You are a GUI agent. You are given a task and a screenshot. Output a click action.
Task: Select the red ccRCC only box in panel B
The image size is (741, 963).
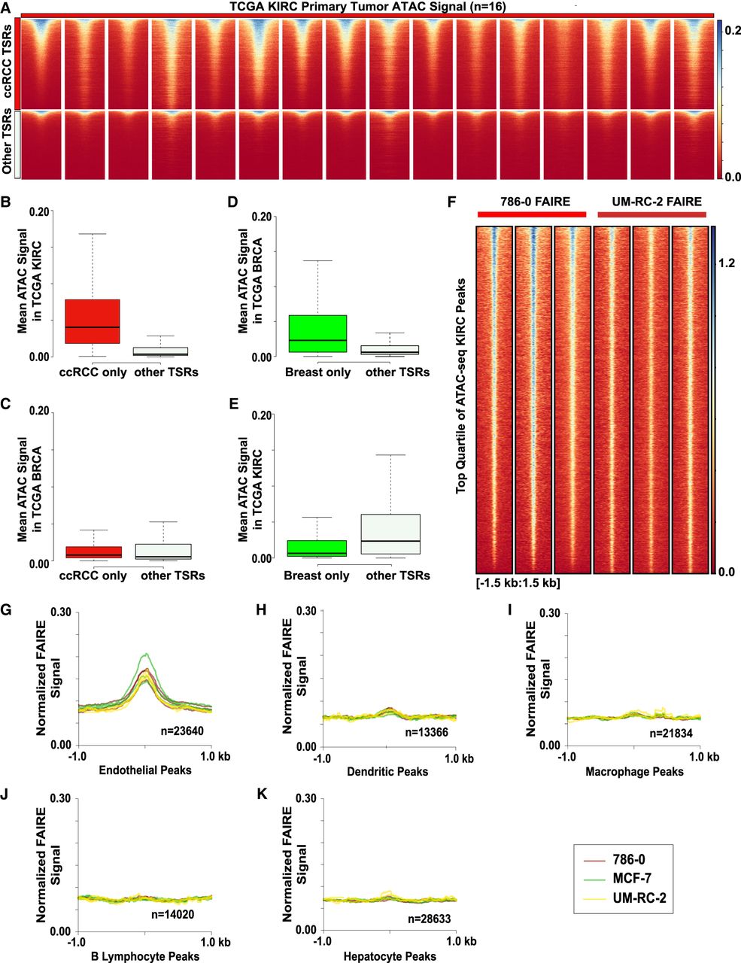click(x=93, y=321)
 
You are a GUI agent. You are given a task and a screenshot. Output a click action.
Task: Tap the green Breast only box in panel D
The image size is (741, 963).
click(x=317, y=333)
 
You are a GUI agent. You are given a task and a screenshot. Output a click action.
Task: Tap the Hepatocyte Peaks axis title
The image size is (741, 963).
click(x=390, y=956)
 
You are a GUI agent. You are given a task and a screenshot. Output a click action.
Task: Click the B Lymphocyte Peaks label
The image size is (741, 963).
click(x=144, y=956)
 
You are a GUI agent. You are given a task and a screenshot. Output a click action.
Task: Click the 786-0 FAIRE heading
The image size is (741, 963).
click(x=531, y=201)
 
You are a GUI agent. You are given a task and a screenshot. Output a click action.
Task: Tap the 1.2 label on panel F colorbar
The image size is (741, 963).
click(x=727, y=263)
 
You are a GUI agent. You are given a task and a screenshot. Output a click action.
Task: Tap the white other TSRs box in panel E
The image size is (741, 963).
click(x=390, y=534)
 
